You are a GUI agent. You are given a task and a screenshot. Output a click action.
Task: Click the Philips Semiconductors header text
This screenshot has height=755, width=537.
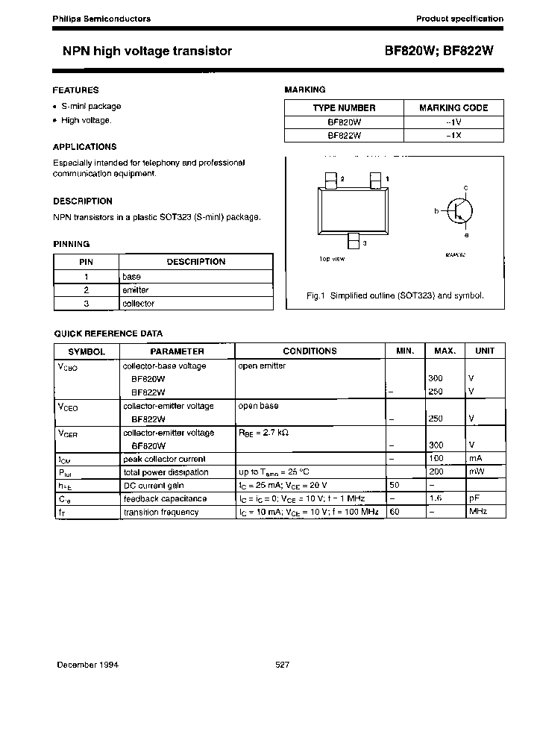(101, 19)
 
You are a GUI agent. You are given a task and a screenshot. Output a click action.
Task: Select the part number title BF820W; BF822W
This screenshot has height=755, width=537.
(439, 51)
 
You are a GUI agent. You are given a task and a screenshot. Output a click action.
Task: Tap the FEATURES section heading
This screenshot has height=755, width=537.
(75, 90)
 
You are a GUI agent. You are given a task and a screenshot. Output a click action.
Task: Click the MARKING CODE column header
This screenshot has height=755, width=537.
(453, 107)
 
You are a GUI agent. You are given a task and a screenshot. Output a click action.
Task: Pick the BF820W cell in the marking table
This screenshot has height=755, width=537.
(344, 122)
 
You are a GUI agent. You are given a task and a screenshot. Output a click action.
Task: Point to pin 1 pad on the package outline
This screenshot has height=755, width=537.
(375, 180)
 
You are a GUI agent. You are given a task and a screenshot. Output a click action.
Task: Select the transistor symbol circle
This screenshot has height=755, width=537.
(459, 211)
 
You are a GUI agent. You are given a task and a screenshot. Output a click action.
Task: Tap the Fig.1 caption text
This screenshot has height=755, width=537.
(395, 295)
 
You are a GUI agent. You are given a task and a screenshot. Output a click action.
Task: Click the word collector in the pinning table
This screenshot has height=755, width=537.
(138, 304)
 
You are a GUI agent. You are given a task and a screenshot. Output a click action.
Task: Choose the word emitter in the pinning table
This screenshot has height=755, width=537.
(135, 289)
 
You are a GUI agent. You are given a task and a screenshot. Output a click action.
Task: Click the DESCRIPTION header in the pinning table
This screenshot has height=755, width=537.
(195, 262)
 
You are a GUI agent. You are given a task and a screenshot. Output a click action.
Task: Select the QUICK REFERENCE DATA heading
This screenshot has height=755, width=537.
(108, 333)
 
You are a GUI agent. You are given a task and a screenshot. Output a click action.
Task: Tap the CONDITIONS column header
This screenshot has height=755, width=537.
(310, 351)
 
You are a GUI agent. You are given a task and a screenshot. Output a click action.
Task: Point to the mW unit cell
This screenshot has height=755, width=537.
(477, 472)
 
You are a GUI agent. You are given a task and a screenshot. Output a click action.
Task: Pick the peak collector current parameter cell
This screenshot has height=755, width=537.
(164, 459)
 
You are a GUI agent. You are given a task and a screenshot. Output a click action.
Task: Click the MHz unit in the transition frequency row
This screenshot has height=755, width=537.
(478, 512)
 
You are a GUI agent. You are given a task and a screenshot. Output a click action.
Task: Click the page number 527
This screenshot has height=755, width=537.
(283, 665)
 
